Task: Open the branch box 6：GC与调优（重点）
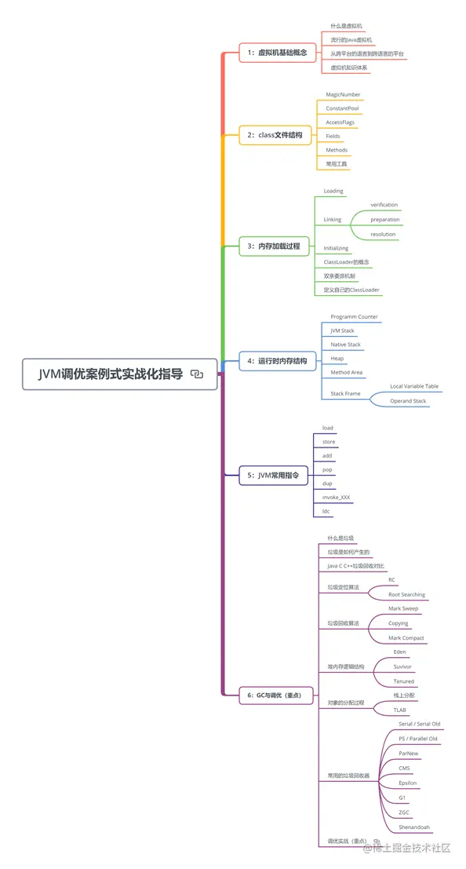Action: click(279, 695)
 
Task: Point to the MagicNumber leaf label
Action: click(343, 94)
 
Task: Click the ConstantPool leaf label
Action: click(343, 108)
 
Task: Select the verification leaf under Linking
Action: click(384, 205)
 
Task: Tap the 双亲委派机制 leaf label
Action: click(340, 276)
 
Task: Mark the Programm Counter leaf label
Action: click(354, 317)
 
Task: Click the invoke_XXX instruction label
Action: click(336, 498)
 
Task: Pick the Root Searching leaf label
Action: click(406, 594)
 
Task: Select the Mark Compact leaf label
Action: click(406, 637)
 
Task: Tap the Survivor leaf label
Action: click(402, 666)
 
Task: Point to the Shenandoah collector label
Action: click(413, 827)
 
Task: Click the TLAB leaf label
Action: click(399, 710)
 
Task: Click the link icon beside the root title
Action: click(197, 374)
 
